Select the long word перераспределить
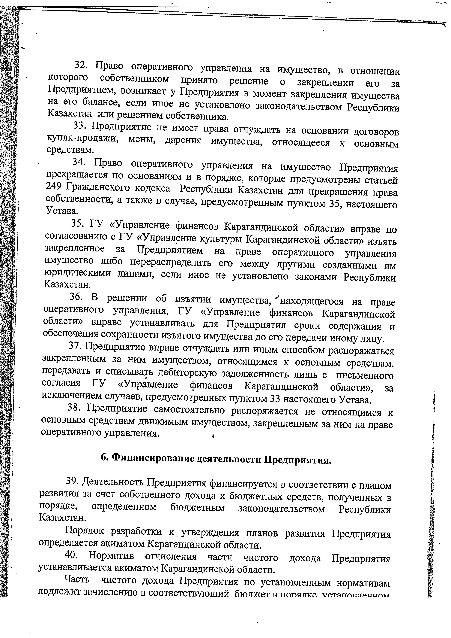[171, 263]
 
